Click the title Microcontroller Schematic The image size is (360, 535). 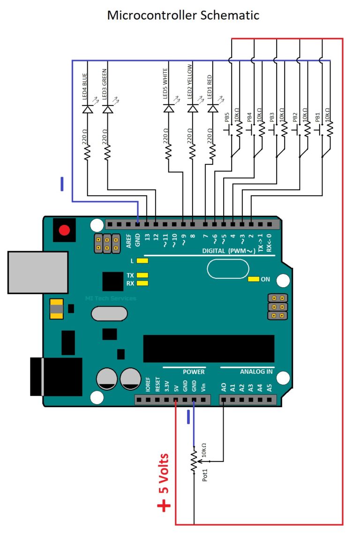183,15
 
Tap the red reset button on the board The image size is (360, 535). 64,230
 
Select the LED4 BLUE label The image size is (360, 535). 85,84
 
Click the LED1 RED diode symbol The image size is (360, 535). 212,109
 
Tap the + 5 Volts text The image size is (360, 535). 164,482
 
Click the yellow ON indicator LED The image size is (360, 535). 254,279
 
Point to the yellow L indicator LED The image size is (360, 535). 142,260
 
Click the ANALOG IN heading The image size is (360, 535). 256,372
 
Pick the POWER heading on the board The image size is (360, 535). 194,372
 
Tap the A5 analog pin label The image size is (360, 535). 269,387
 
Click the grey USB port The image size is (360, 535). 38,272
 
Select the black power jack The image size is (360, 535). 55,376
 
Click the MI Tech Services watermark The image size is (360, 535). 111,298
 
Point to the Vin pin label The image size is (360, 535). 202,387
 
